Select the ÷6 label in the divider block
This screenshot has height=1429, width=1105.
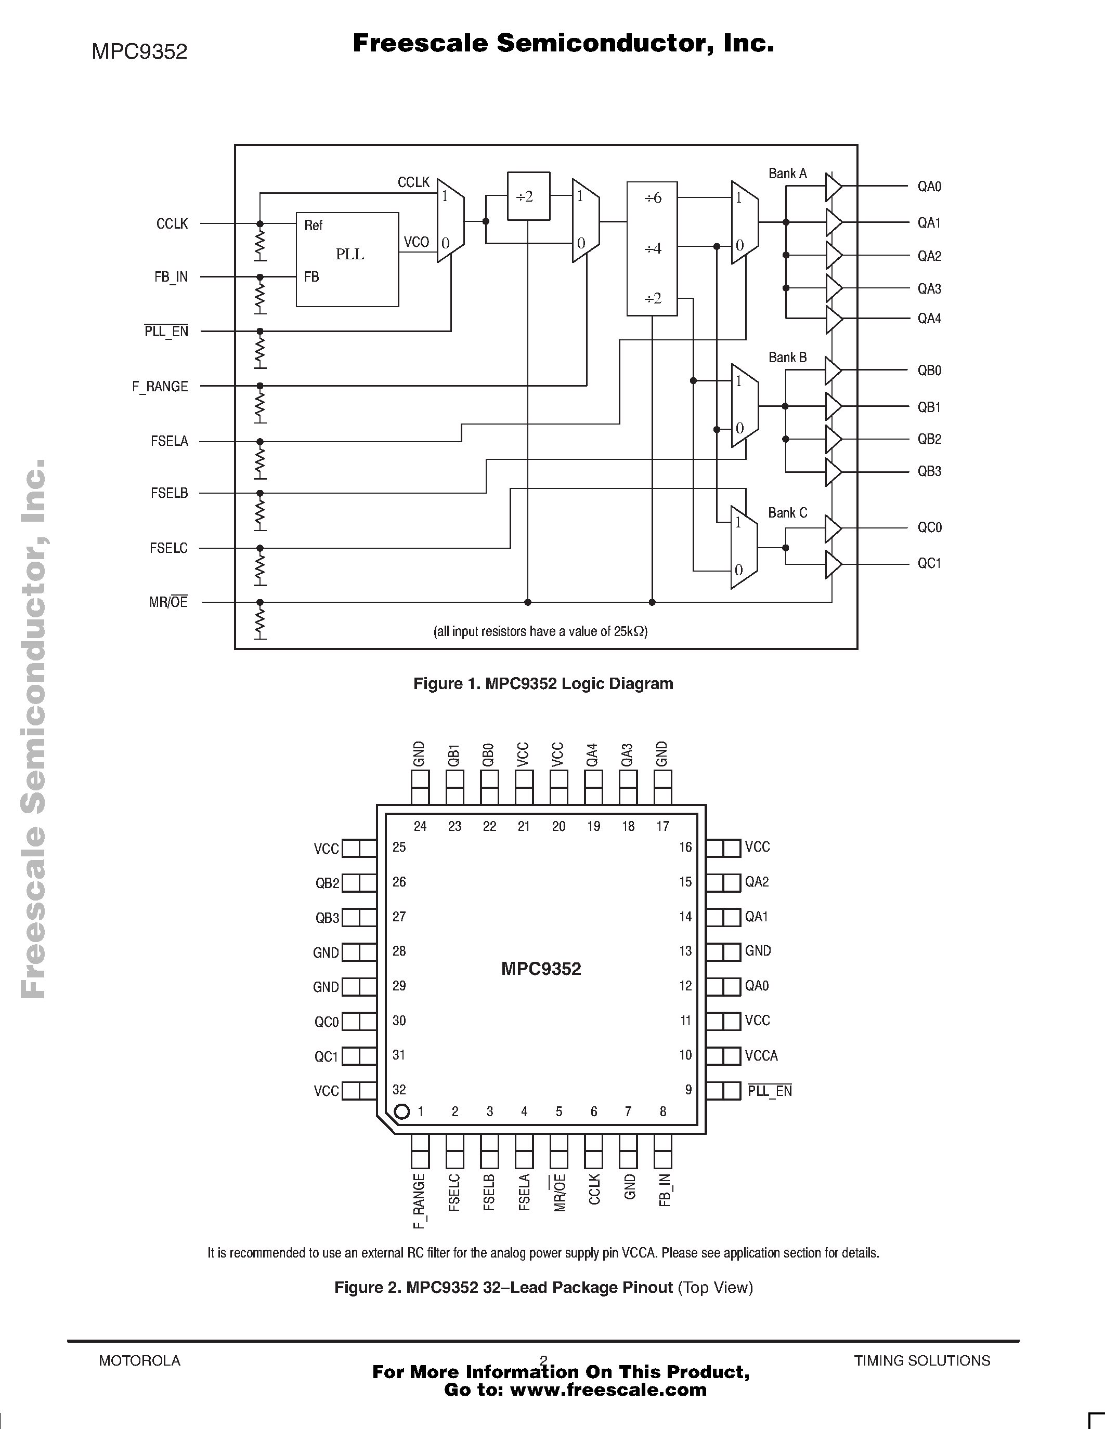pyautogui.click(x=653, y=197)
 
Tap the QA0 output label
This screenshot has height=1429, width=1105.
pyautogui.click(x=929, y=187)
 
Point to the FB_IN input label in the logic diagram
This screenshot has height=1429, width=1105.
pyautogui.click(x=171, y=277)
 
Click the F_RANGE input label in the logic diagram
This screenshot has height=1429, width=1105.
pyautogui.click(x=160, y=387)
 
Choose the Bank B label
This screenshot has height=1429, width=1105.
pyautogui.click(x=787, y=358)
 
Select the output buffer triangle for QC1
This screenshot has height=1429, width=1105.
pyautogui.click(x=833, y=564)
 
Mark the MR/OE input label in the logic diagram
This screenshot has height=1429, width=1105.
pyautogui.click(x=168, y=602)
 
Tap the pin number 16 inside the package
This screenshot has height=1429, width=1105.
pyautogui.click(x=685, y=848)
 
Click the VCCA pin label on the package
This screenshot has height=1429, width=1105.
pyautogui.click(x=761, y=1055)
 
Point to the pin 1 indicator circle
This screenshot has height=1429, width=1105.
pyautogui.click(x=402, y=1111)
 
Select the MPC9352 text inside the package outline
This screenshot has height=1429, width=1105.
pyautogui.click(x=541, y=969)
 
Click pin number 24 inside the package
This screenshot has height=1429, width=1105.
pyautogui.click(x=420, y=826)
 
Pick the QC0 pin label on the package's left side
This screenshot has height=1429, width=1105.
pyautogui.click(x=327, y=1022)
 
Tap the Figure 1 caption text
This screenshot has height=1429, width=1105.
pyautogui.click(x=543, y=684)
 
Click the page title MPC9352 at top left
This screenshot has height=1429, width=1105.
pyautogui.click(x=139, y=51)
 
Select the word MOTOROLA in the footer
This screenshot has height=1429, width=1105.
pyautogui.click(x=139, y=1360)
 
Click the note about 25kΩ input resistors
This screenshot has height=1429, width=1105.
pyautogui.click(x=540, y=631)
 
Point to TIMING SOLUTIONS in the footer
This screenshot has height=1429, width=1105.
pyautogui.click(x=922, y=1360)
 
